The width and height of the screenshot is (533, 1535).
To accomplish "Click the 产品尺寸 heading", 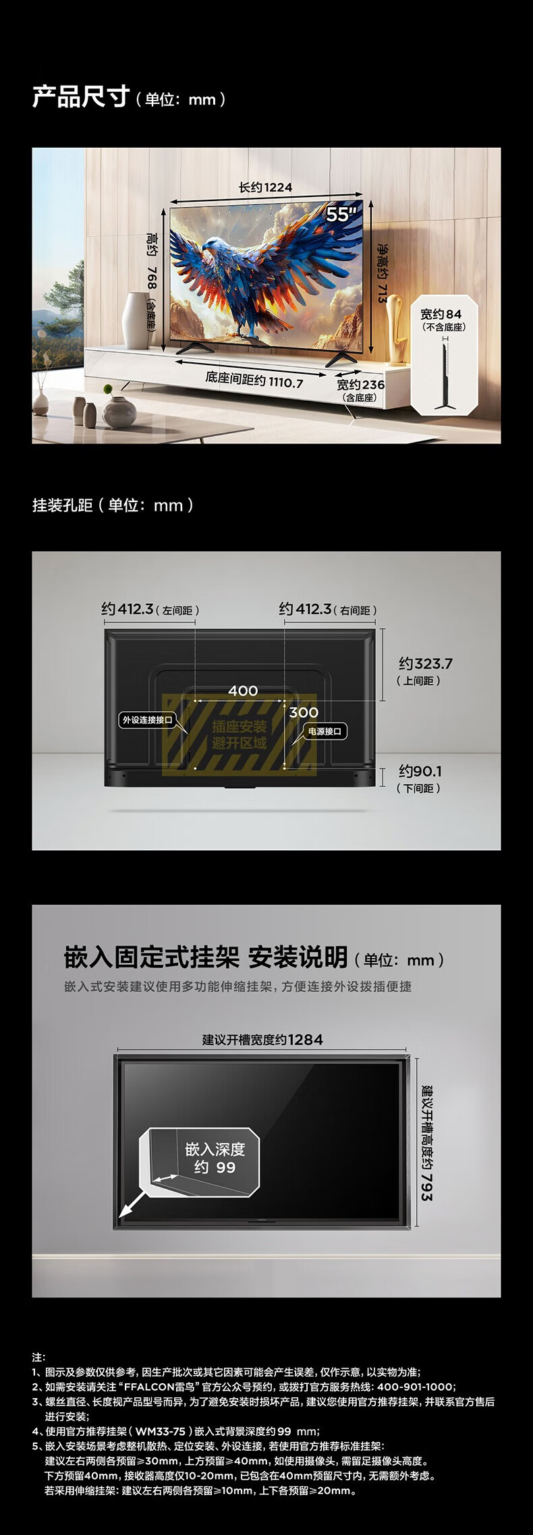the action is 80,97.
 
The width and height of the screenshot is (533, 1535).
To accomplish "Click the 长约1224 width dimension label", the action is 266,187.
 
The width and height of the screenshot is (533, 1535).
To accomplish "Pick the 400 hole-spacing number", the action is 243,690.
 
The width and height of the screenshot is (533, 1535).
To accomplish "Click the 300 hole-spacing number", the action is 304,713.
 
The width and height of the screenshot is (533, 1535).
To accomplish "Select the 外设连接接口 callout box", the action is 146,720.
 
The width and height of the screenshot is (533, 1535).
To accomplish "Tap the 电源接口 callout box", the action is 325,731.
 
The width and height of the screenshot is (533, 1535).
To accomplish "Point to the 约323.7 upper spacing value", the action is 426,663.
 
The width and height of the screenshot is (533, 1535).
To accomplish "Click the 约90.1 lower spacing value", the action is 420,771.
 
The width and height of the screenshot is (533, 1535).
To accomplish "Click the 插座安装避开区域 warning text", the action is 240,735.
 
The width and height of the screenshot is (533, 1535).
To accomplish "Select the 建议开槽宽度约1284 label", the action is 262,1040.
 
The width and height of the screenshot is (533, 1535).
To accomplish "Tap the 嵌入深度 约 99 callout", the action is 215,1158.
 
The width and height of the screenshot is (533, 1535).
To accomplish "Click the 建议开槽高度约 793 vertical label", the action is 426,1142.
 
